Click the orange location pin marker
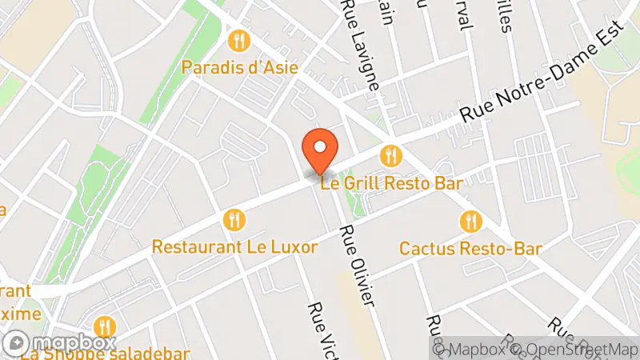(320, 152)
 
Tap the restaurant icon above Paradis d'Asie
(237, 40)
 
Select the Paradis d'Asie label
(240, 67)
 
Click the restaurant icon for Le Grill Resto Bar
(390, 154)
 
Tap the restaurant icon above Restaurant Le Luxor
(234, 218)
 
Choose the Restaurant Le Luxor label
(234, 246)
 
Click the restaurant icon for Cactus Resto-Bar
(472, 220)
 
